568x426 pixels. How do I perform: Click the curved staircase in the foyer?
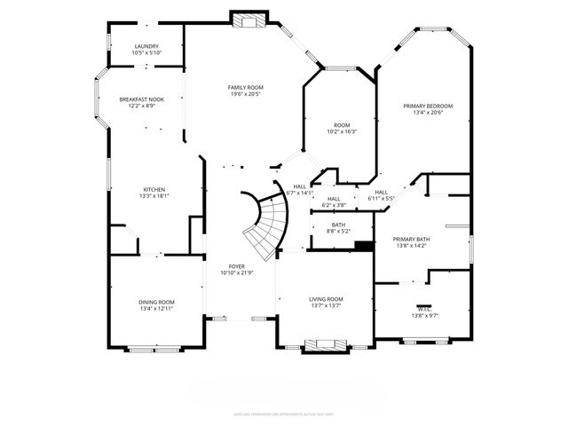click(267, 222)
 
